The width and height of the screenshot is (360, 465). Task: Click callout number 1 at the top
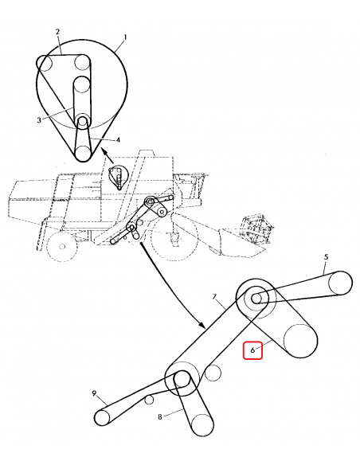coord(125,37)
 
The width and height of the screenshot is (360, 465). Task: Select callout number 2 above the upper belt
coord(57,31)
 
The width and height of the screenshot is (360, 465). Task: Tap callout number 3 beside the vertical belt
coord(39,120)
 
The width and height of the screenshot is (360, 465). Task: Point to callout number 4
coord(118,139)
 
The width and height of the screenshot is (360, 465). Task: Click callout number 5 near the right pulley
coord(327,257)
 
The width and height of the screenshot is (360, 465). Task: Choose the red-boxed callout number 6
coord(252,350)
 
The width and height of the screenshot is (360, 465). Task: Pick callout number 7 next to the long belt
coord(215,296)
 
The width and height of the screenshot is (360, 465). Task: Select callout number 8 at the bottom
coord(160,417)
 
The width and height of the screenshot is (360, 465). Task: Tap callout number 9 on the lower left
coord(94,393)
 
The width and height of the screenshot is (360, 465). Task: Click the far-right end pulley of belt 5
coord(340,283)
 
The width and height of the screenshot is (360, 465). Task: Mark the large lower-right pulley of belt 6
coord(300,341)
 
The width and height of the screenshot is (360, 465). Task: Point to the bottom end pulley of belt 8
coord(202,425)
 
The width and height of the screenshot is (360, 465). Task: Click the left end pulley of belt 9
coord(102,417)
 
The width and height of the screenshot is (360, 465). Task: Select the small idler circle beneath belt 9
coord(149,400)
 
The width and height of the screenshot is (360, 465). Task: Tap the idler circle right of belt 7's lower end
coord(213,373)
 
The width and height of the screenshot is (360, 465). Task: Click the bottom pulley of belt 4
coord(83,153)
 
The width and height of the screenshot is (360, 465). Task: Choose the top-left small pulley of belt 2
coord(45,64)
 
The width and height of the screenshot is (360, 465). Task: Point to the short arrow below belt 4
coord(108,155)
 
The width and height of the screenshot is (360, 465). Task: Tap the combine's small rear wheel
coord(61,247)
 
